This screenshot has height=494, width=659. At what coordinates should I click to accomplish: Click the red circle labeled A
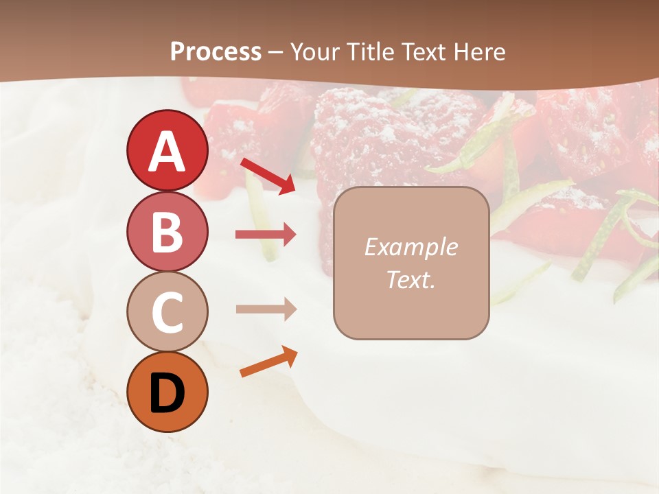(167, 150)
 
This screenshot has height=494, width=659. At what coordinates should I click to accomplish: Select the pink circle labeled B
(167, 231)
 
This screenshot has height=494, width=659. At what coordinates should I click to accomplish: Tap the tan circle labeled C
(167, 311)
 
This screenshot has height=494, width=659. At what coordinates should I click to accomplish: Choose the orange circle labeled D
(167, 392)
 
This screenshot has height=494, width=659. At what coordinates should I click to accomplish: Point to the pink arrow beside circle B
(266, 235)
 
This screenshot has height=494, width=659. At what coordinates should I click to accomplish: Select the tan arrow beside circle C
(266, 309)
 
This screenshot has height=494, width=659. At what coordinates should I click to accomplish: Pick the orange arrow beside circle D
(268, 362)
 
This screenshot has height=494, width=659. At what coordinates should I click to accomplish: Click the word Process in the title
(216, 51)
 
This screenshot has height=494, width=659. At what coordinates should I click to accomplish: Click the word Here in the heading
(481, 51)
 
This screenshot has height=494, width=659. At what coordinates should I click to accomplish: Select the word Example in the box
(411, 247)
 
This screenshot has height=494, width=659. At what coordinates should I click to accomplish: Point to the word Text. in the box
(411, 279)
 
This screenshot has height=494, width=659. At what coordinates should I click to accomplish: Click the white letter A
(167, 152)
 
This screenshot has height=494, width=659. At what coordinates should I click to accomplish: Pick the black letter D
(167, 393)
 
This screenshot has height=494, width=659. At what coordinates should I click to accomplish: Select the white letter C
(167, 312)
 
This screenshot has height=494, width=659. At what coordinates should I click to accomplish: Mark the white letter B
(167, 232)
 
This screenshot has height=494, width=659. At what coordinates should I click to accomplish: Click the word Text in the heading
(424, 51)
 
